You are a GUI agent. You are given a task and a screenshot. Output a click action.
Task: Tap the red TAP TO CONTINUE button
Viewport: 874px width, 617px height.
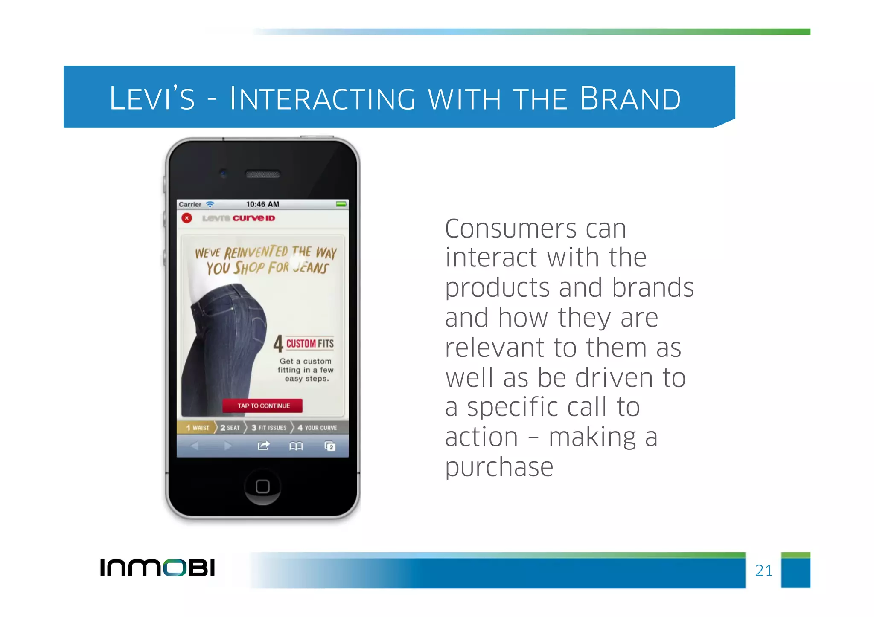pos(262,406)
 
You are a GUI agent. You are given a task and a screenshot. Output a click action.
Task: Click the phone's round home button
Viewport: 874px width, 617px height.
pos(262,487)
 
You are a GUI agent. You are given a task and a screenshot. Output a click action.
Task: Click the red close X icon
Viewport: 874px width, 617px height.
pos(186,218)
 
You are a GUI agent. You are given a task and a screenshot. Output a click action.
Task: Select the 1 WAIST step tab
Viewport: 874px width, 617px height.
pos(197,427)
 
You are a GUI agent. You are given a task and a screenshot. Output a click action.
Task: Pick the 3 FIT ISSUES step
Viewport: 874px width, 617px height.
pos(269,427)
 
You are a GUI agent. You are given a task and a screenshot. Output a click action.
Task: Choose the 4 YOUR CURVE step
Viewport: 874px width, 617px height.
pos(318,427)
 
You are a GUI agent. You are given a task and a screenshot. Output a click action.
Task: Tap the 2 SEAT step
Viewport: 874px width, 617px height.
pos(230,427)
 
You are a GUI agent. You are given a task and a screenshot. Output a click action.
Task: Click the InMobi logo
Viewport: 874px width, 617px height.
pos(157,568)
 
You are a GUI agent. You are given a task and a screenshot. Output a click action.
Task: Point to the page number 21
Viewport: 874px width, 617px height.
pos(763,571)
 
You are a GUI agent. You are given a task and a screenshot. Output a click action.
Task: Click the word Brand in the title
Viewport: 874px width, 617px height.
pos(630,98)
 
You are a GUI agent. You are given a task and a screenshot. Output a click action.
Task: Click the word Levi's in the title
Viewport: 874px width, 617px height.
pos(152,98)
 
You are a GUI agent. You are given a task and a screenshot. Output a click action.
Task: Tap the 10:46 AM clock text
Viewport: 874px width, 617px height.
pos(262,204)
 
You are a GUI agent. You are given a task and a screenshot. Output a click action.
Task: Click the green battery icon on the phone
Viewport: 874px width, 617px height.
pos(341,204)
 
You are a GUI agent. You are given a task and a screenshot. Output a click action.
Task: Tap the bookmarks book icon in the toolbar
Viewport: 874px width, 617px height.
pos(296,446)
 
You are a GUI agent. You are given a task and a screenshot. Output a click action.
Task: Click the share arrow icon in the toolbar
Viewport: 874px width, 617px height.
pos(263,446)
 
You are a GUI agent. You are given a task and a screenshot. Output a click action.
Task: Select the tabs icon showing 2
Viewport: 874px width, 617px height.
pos(330,446)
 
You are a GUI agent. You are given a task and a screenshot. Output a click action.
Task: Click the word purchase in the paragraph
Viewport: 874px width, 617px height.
pos(499,468)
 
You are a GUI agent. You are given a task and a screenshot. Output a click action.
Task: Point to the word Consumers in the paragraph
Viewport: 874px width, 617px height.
pos(511,229)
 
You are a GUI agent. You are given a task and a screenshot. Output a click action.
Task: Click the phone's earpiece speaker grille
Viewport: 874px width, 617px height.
pos(262,174)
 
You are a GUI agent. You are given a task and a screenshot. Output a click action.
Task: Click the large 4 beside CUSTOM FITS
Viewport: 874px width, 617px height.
pos(278,344)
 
